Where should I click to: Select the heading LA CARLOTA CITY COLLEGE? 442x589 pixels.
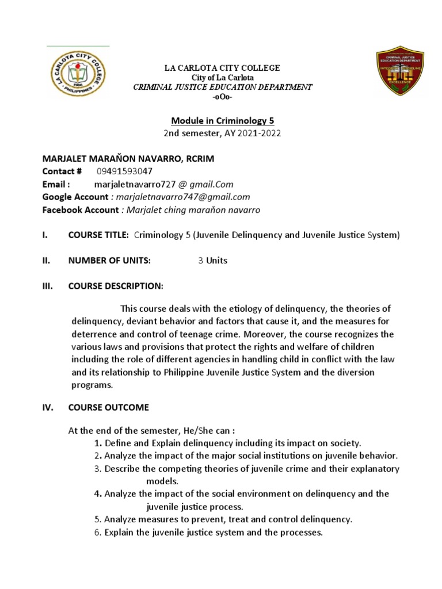222,68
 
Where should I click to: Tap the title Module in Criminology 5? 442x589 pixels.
222,121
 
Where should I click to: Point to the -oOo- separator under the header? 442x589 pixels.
222,96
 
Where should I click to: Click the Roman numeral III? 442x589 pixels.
48,286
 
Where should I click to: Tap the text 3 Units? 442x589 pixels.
212,261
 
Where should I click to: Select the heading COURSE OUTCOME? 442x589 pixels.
108,407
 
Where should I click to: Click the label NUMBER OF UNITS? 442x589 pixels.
109,261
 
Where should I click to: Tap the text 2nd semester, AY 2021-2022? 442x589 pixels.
222,134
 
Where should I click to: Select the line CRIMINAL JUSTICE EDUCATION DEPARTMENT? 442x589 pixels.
222,87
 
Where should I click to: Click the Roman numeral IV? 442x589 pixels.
48,407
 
